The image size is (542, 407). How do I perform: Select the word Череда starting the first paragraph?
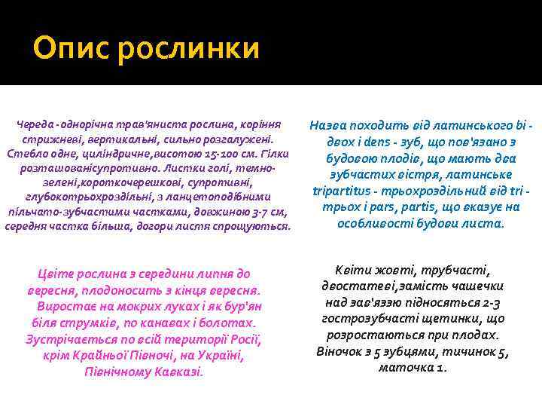pos(35,124)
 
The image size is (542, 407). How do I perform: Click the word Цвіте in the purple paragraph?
pos(53,274)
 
